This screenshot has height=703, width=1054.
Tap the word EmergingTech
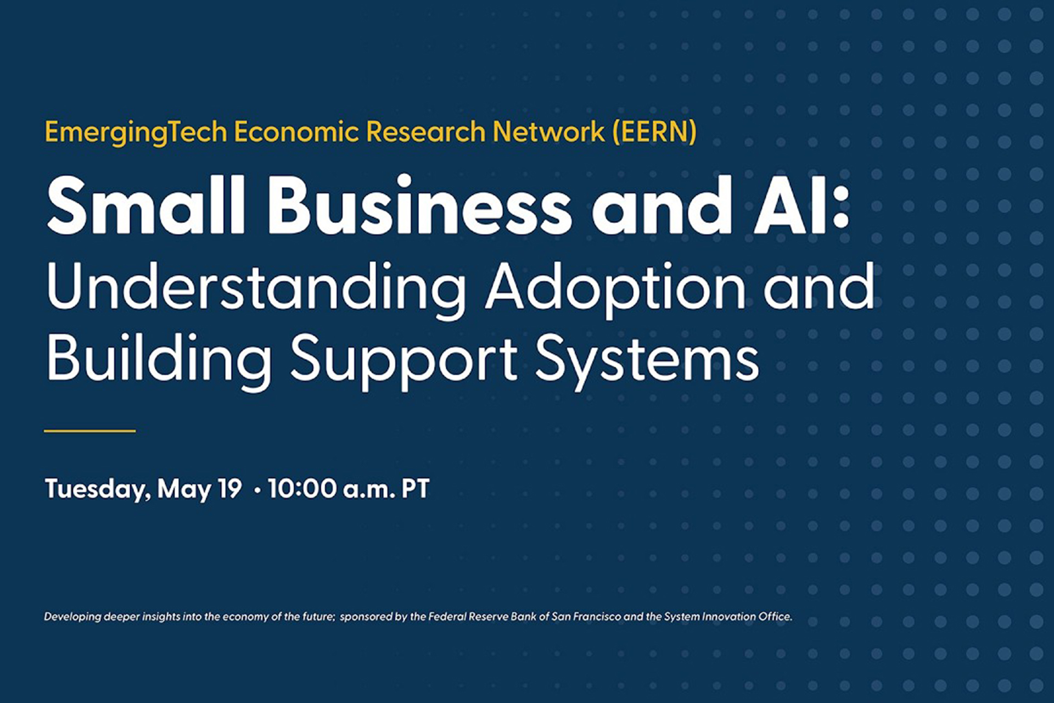tap(136, 133)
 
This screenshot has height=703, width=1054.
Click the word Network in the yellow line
tap(548, 132)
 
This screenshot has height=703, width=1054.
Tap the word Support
tap(403, 360)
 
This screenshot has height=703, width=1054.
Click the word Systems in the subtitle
tap(647, 360)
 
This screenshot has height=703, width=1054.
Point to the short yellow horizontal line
tap(89, 431)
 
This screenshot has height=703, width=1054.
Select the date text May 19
tap(199, 489)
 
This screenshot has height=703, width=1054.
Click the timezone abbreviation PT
tap(415, 488)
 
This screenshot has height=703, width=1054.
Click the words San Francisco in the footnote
tap(586, 617)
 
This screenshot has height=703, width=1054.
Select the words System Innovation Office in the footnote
tap(727, 617)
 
